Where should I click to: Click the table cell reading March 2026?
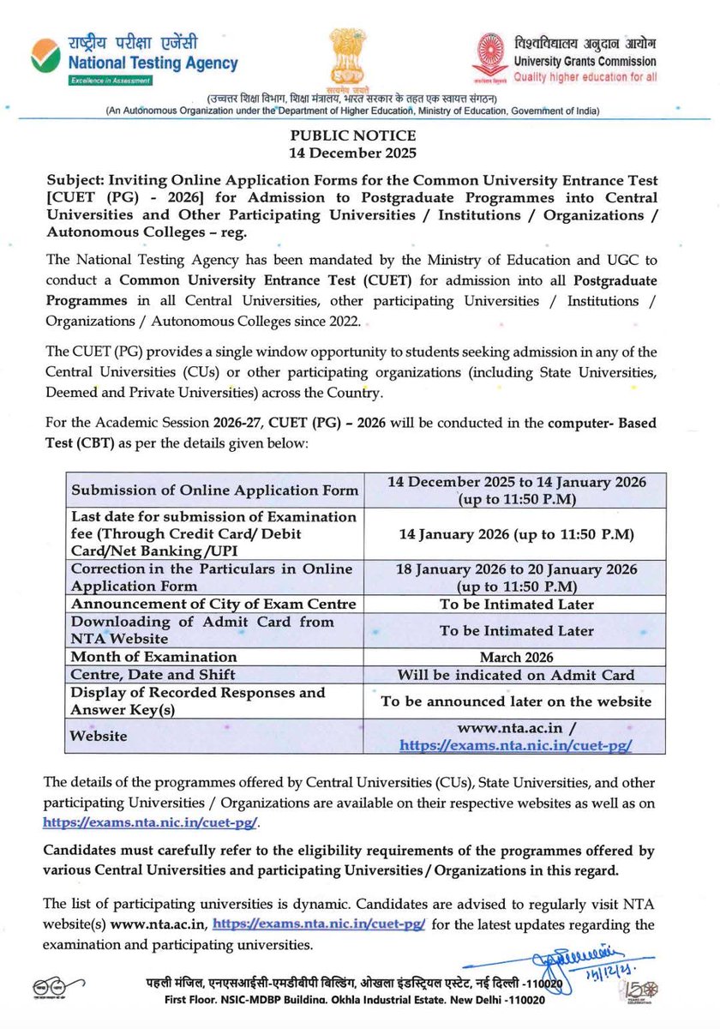coord(516,658)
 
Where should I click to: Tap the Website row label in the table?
coord(99,736)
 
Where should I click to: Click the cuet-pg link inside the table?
coord(516,746)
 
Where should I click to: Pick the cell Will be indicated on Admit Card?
coord(516,675)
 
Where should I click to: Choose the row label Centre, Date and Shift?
coord(153,675)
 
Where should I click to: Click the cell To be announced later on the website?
coord(516,701)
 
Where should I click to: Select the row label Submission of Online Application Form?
coord(214,490)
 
